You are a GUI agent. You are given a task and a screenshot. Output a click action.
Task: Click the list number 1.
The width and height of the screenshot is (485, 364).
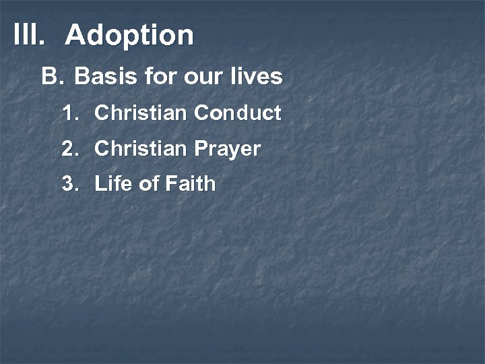70,113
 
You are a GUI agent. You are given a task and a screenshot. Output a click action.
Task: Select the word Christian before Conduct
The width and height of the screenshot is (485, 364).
140,113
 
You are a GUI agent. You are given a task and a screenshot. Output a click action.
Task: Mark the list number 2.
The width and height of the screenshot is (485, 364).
70,149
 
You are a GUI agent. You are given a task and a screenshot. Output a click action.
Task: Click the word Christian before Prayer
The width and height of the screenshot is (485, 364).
140,149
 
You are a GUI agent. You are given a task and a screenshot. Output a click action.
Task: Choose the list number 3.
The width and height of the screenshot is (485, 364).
70,184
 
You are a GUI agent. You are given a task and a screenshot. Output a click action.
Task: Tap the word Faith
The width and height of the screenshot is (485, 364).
190,184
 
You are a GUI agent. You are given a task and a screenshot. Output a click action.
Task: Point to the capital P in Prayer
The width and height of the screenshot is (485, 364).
199,149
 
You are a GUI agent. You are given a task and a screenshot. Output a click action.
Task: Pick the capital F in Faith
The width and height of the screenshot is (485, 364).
170,184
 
